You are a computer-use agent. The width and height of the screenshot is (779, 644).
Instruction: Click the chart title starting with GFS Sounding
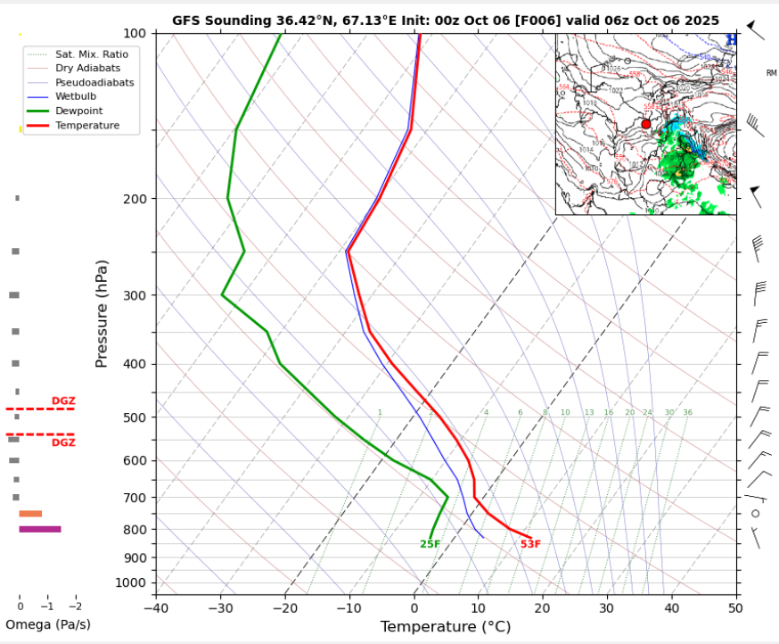click(x=446, y=21)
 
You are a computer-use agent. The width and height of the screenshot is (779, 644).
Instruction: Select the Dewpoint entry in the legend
click(x=78, y=111)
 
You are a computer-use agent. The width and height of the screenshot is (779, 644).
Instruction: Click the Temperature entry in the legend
click(x=86, y=126)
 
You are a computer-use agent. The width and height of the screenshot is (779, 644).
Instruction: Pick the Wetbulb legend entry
click(x=76, y=96)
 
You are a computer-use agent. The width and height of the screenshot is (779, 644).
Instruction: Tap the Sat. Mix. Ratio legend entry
click(x=91, y=54)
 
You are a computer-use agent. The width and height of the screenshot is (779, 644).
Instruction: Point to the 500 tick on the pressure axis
click(x=135, y=417)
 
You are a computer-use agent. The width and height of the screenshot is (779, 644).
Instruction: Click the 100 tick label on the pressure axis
click(x=135, y=33)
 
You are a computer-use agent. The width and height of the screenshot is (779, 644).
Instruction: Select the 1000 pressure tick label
click(x=132, y=582)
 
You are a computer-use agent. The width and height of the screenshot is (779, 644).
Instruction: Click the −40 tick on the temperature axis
click(x=157, y=607)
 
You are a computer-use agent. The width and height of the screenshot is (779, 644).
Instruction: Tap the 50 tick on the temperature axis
click(x=734, y=607)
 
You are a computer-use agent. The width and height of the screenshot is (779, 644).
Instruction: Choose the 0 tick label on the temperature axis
click(x=414, y=607)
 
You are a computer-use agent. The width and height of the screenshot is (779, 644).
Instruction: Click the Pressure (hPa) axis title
click(x=102, y=314)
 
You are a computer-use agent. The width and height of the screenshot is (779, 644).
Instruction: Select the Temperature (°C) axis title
click(x=446, y=627)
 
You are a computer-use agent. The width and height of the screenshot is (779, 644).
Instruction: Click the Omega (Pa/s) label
click(x=48, y=624)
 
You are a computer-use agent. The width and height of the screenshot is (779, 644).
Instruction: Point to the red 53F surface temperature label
click(x=530, y=544)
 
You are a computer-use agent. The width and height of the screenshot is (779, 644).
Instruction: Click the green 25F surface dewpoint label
click(x=430, y=544)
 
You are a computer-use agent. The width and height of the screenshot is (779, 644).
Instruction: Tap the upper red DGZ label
click(x=63, y=401)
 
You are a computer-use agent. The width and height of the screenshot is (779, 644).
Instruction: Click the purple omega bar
click(x=40, y=529)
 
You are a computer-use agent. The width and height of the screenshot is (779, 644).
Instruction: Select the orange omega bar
click(x=30, y=514)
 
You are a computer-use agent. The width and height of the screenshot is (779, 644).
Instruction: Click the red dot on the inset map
click(x=646, y=124)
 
